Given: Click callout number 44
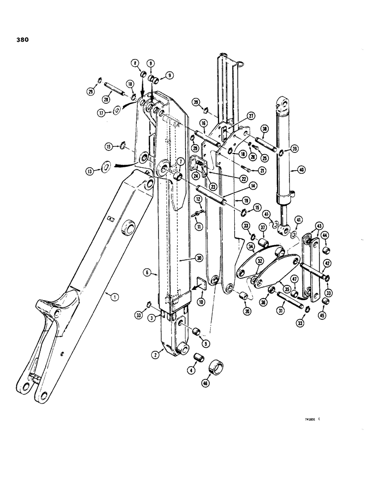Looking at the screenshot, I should pyautogui.click(x=324, y=236).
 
